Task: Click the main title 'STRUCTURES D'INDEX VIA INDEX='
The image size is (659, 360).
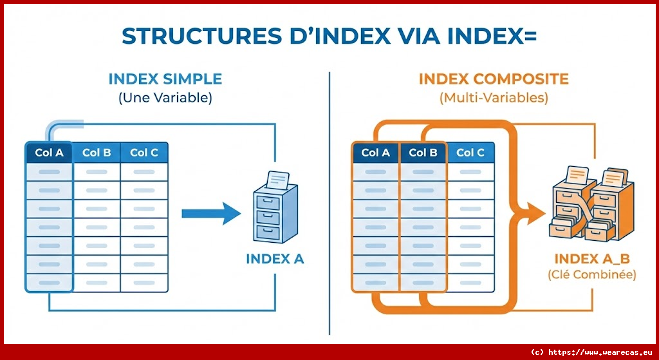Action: tap(329, 36)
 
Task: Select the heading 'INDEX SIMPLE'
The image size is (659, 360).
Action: tap(165, 79)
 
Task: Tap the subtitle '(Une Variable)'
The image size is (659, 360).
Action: tap(165, 99)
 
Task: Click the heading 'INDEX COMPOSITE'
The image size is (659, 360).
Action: tap(494, 79)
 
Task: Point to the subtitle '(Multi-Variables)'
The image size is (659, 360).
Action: tap(494, 99)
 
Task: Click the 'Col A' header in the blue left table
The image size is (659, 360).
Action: tap(49, 153)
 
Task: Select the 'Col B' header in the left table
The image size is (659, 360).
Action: tap(97, 153)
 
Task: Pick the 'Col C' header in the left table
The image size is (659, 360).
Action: tap(144, 153)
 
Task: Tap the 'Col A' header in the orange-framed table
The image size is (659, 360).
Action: tap(375, 153)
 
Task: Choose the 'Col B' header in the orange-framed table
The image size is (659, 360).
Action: tap(423, 153)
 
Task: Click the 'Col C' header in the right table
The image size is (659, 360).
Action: tap(470, 153)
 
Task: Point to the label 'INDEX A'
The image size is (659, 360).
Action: tap(275, 260)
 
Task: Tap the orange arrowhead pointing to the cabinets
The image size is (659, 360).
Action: tap(534, 211)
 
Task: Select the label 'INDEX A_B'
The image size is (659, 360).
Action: tap(591, 260)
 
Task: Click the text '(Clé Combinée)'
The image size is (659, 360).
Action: tap(591, 275)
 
